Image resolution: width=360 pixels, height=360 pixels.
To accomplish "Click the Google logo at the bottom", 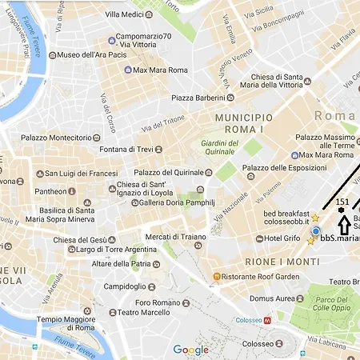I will click(190, 350).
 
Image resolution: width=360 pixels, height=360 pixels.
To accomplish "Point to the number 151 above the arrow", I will click(342, 202).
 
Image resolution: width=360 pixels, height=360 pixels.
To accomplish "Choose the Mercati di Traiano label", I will click(175, 237).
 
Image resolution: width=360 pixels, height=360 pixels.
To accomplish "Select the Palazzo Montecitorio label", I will click(57, 138).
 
